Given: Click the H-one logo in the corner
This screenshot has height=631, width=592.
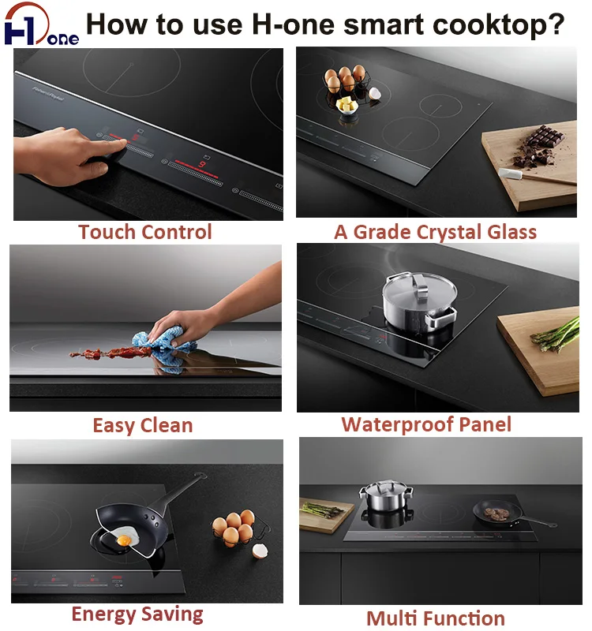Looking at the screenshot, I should click(39, 25).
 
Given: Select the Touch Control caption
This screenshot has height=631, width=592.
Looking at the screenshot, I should click(144, 232).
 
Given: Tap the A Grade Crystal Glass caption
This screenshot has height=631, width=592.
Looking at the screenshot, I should click(435, 232).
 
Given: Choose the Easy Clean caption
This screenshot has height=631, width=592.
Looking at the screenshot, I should click(142, 426).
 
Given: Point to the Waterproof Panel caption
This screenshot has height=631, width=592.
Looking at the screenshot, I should click(426, 424).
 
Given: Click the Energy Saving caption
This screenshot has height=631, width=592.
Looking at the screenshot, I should click(137, 614).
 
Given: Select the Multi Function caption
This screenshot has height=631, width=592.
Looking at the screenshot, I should click(435, 618).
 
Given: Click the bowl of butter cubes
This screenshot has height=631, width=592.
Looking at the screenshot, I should click(348, 106).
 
